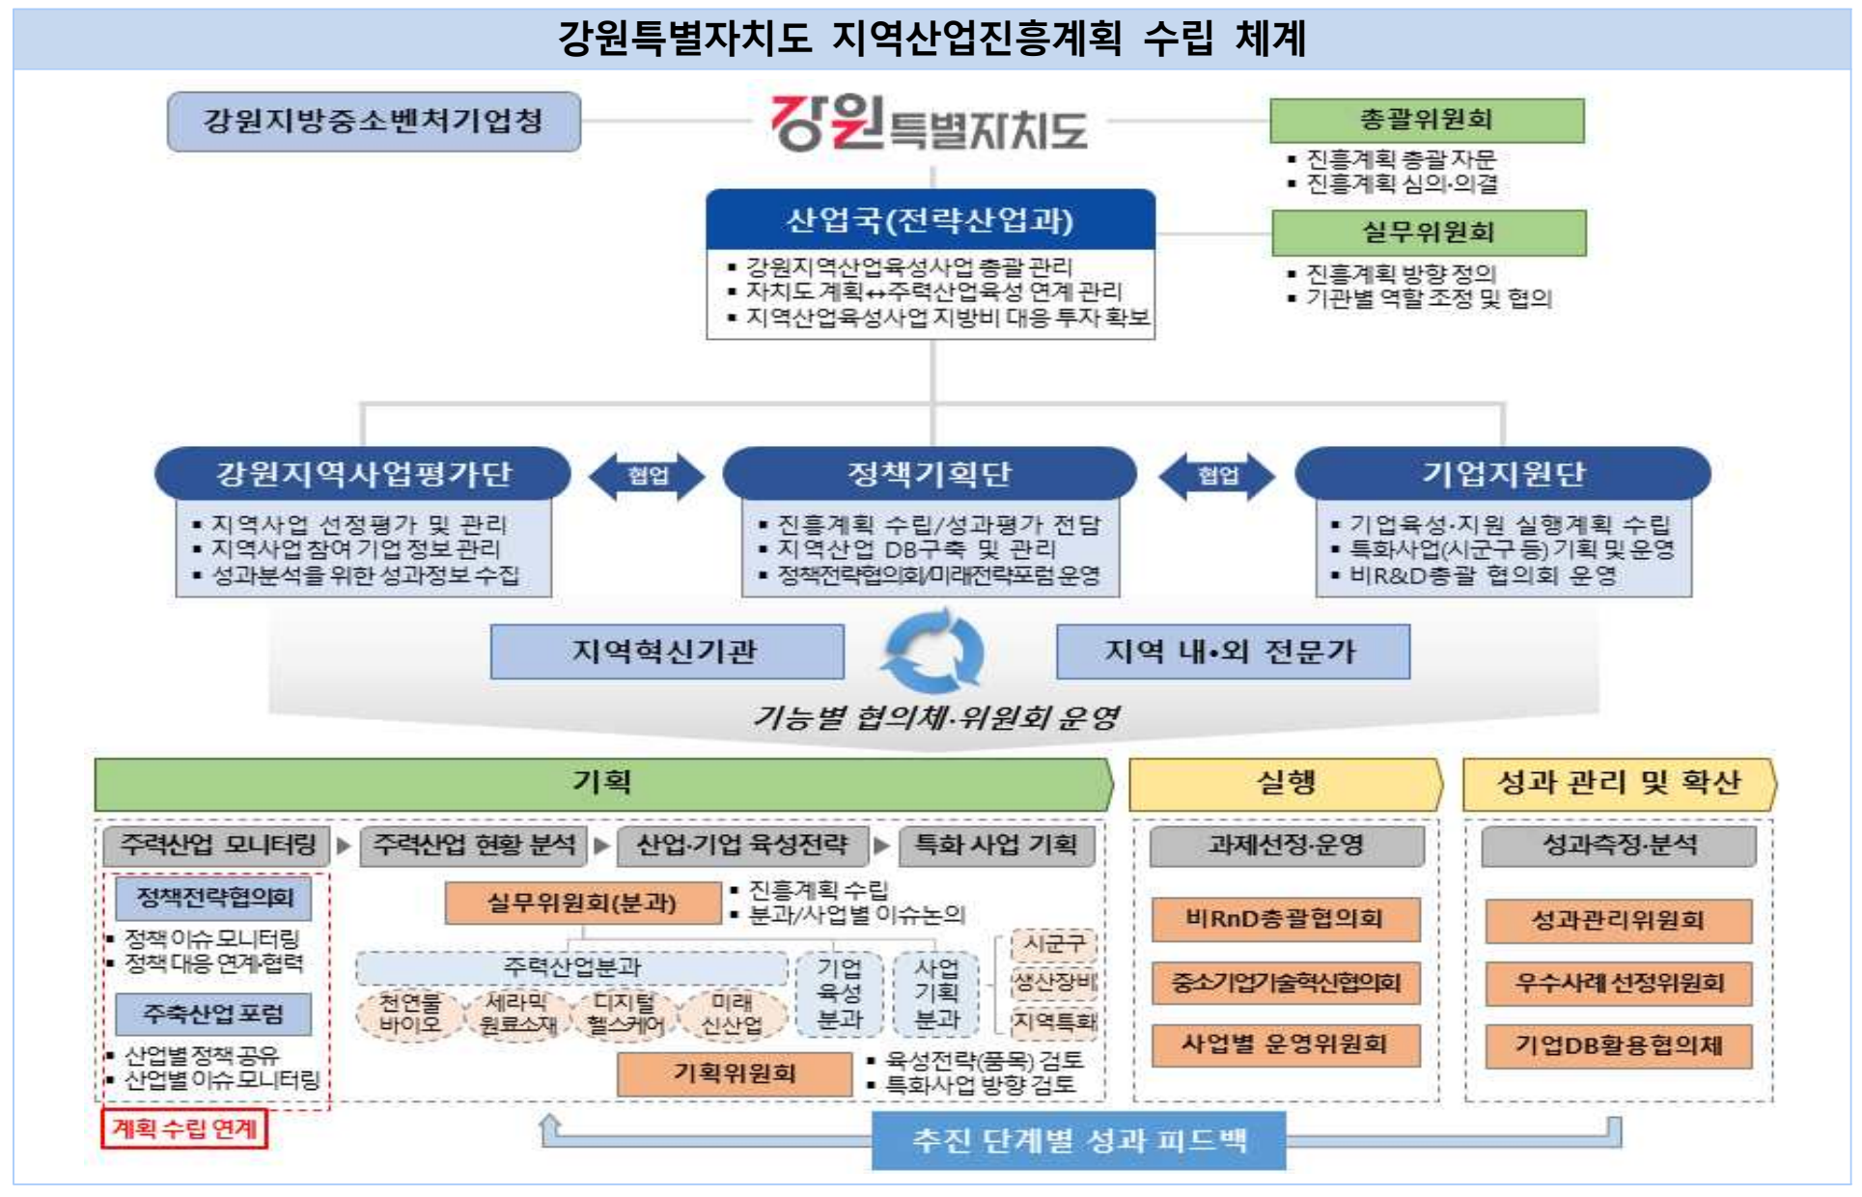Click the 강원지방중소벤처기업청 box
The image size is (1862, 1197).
[x=374, y=122]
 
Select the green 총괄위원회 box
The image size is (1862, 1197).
[x=1426, y=121]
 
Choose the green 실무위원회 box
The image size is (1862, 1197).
[x=1428, y=233]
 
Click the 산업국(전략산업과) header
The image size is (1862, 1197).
[x=930, y=221]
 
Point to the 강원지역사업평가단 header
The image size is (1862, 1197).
[x=363, y=474]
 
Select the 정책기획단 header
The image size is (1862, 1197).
[x=929, y=474]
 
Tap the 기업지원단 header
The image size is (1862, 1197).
[x=1502, y=474]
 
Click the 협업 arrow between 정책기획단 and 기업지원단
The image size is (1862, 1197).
[x=1216, y=476]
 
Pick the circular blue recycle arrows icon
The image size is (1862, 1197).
[x=932, y=654]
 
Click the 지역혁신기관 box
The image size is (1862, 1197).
[x=666, y=653]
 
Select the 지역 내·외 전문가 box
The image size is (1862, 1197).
[x=1232, y=653]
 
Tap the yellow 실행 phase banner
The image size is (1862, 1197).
[x=1285, y=783]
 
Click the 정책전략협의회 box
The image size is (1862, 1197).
[x=213, y=898]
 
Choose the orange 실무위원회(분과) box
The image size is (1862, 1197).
[x=582, y=904]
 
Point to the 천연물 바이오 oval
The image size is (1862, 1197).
[x=409, y=1014]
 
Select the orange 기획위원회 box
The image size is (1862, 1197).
[x=735, y=1073]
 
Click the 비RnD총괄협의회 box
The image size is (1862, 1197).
[x=1285, y=919]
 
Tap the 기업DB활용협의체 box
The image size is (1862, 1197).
[x=1618, y=1045]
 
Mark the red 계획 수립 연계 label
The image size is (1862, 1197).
[x=183, y=1128]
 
